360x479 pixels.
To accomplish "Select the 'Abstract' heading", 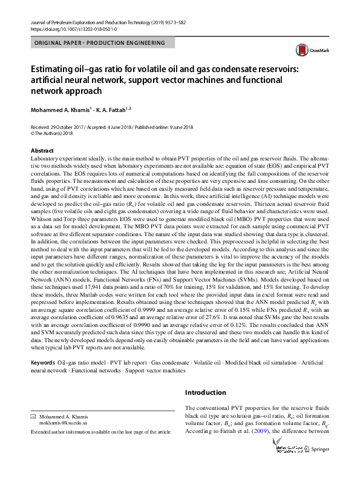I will click(42, 150).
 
